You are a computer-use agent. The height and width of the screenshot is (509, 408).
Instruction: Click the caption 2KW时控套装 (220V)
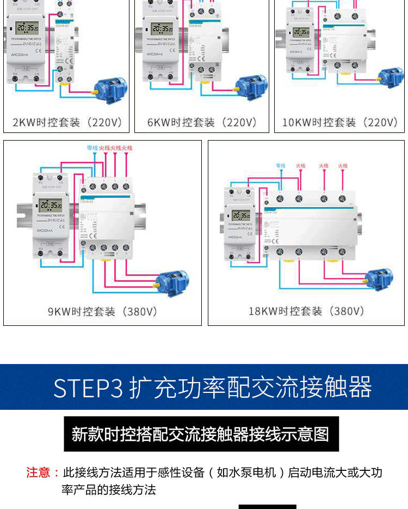[67, 122]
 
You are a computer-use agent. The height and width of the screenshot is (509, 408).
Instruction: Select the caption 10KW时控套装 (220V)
[340, 122]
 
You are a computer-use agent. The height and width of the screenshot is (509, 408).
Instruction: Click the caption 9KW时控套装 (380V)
[102, 312]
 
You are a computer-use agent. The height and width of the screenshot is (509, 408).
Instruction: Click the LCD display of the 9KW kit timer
[50, 205]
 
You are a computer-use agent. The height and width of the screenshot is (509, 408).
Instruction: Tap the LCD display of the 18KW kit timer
[241, 215]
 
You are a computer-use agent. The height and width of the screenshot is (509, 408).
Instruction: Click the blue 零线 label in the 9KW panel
[91, 148]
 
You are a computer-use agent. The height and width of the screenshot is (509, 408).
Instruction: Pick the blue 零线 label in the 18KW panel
[281, 165]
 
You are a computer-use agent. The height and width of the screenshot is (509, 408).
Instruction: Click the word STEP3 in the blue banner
[89, 387]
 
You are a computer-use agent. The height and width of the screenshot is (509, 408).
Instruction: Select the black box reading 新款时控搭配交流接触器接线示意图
[201, 434]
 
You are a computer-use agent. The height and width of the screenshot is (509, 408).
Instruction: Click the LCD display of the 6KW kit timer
[163, 28]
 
